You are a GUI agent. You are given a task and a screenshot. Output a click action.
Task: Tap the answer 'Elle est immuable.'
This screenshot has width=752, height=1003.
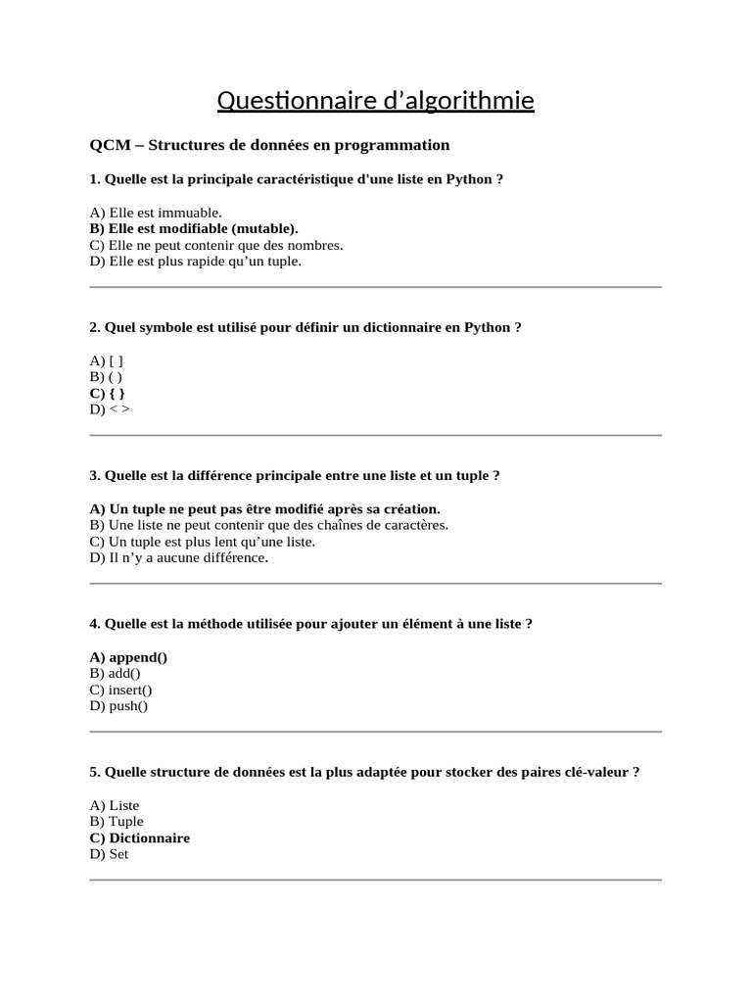pos(156,212)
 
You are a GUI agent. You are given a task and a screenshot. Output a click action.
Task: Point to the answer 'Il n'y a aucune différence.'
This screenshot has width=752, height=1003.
pos(178,557)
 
